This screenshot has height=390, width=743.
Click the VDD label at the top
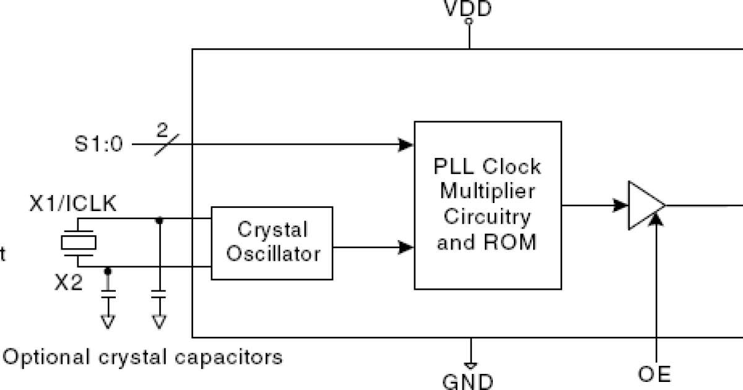pyautogui.click(x=469, y=9)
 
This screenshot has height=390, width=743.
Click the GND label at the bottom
pyautogui.click(x=468, y=380)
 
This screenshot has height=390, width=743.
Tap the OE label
pyautogui.click(x=654, y=374)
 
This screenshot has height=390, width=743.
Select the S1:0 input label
pyautogui.click(x=98, y=145)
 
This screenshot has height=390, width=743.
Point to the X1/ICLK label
pyautogui.click(x=72, y=204)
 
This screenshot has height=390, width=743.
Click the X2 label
pyautogui.click(x=67, y=283)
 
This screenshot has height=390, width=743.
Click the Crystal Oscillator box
pyautogui.click(x=272, y=242)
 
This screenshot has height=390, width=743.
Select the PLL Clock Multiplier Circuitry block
pyautogui.click(x=487, y=205)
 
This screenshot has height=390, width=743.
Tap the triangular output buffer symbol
pyautogui.click(x=644, y=206)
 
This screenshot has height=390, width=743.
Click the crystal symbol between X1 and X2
pyautogui.click(x=79, y=243)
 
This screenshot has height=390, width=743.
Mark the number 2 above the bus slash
pyautogui.click(x=162, y=131)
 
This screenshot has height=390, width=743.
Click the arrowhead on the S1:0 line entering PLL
pyautogui.click(x=406, y=145)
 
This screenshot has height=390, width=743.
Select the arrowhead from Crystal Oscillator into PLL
pyautogui.click(x=406, y=248)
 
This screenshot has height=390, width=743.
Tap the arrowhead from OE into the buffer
pyautogui.click(x=654, y=221)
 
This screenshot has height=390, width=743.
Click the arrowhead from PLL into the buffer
pyautogui.click(x=620, y=205)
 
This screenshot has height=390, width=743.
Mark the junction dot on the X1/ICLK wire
pyautogui.click(x=160, y=220)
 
